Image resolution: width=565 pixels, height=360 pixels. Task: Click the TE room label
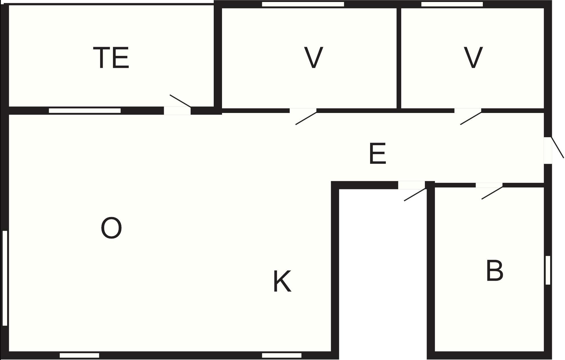click(x=111, y=58)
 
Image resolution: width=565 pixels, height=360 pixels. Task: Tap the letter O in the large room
click(x=111, y=228)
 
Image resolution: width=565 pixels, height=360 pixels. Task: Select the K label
click(x=282, y=282)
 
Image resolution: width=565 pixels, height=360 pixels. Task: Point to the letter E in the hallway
click(x=378, y=154)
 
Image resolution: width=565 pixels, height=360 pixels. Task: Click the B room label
click(x=495, y=270)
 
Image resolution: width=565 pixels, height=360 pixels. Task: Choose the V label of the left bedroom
click(x=314, y=58)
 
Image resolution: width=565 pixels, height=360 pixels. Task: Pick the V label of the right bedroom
click(x=473, y=58)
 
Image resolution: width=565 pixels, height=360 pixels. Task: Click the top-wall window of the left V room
click(x=303, y=4)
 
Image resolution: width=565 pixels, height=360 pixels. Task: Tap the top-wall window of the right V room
click(x=452, y=4)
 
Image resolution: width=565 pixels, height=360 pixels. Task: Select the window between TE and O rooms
click(x=85, y=111)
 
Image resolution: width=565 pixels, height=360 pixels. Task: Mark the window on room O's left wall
click(x=5, y=278)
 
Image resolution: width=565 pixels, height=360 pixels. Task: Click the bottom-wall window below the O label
click(x=79, y=355)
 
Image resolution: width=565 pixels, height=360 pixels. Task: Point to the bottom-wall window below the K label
click(x=282, y=355)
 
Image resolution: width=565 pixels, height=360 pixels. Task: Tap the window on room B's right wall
click(x=548, y=270)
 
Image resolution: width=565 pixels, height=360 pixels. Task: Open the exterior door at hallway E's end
click(x=554, y=150)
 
